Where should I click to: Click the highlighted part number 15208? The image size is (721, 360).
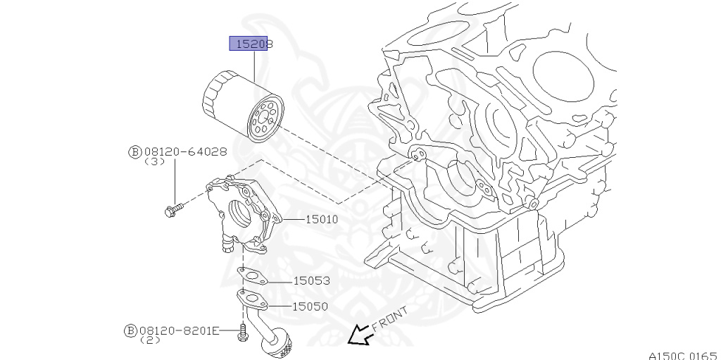(251, 44)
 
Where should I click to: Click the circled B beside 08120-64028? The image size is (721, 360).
(134, 151)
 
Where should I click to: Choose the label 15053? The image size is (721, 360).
(311, 280)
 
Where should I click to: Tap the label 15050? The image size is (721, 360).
(311, 306)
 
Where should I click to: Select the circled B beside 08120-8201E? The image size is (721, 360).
(130, 330)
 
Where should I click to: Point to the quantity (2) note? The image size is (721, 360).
(150, 340)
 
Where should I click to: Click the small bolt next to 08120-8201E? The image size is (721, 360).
(243, 332)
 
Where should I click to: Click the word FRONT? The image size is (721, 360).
(389, 318)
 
